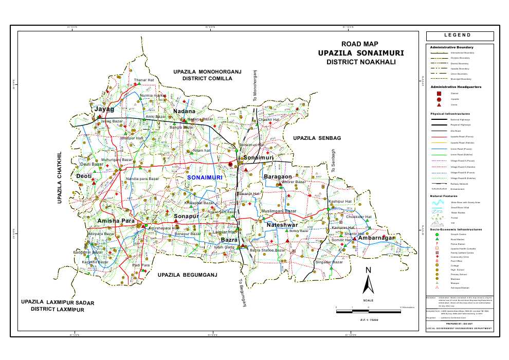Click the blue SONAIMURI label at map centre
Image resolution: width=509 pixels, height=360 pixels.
tap(205, 177)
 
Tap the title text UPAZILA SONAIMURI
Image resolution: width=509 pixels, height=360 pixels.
tap(360, 53)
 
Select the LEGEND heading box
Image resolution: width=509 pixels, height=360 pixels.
tap(460, 35)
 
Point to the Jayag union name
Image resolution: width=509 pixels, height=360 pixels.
tap(104, 110)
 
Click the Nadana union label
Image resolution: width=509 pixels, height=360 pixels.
tap(184, 112)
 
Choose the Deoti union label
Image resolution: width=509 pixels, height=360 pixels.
tap(84, 176)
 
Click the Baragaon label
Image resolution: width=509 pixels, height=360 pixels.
tap(278, 177)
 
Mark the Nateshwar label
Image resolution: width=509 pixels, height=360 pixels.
tap(282, 225)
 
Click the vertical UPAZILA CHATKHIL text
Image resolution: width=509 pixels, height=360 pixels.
tap(60, 178)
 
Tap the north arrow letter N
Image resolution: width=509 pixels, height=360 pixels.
tap(368, 271)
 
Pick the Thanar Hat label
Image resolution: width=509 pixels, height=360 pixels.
tap(144, 80)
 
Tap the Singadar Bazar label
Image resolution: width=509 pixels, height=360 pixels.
tap(329, 262)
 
